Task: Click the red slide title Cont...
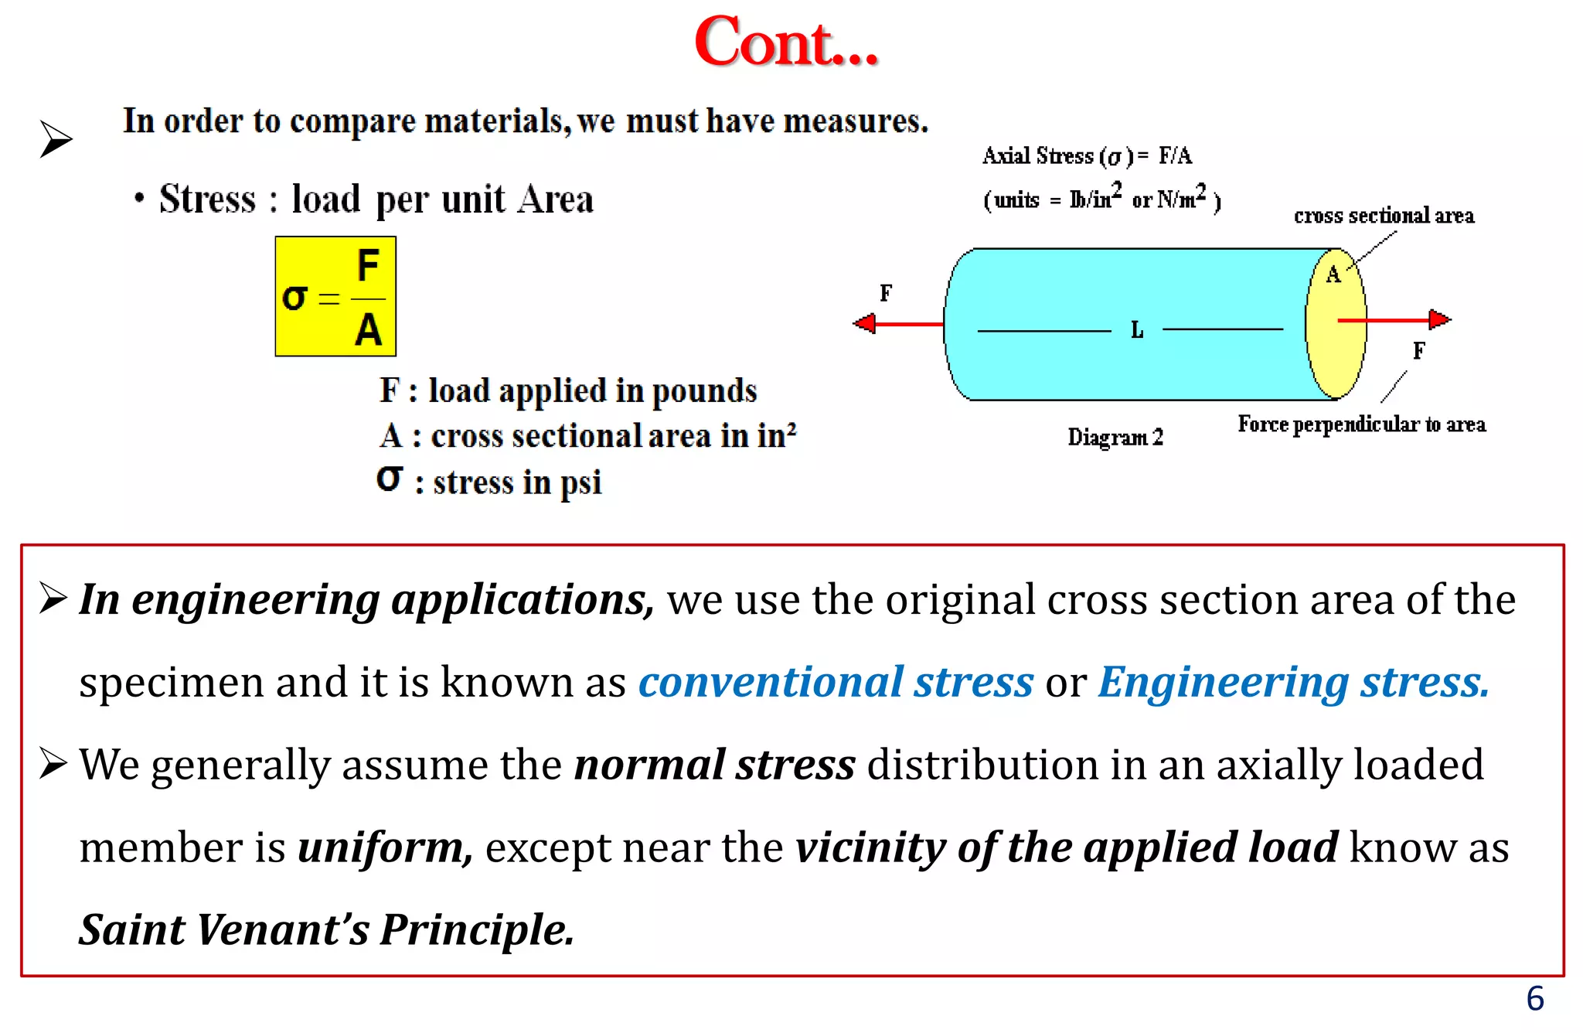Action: click(x=785, y=43)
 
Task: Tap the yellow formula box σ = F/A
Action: click(x=335, y=297)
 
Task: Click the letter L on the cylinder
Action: click(x=1137, y=331)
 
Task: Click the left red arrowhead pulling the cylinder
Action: click(x=865, y=323)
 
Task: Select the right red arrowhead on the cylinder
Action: click(x=1438, y=319)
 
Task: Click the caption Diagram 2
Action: click(x=1115, y=438)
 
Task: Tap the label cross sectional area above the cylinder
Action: click(x=1384, y=216)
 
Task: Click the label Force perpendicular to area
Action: click(x=1361, y=424)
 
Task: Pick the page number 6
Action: click(x=1534, y=999)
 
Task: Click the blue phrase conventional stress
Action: click(x=836, y=682)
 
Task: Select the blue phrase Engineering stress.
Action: click(x=1293, y=682)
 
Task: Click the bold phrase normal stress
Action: click(x=715, y=765)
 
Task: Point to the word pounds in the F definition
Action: click(x=704, y=391)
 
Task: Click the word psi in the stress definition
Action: click(x=580, y=483)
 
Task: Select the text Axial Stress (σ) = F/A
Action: click(x=1087, y=156)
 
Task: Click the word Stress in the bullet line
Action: click(x=207, y=199)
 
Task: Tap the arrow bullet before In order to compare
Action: click(x=56, y=139)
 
